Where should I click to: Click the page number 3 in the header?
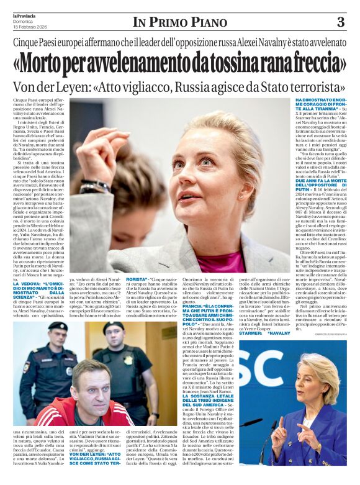(340, 22)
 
